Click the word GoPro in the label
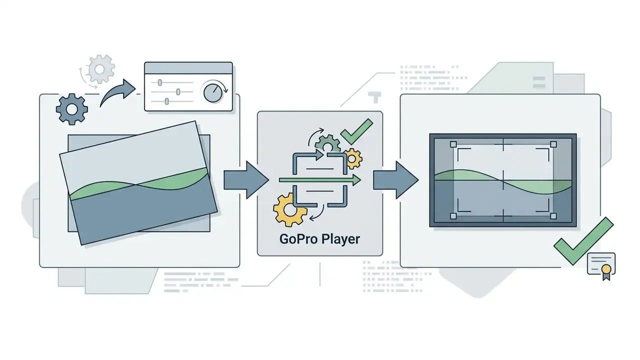[x=298, y=239]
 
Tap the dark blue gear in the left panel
[x=71, y=109]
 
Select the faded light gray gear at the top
[x=99, y=69]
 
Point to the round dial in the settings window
[x=213, y=93]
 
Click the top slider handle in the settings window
[x=160, y=82]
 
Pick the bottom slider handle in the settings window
[x=167, y=101]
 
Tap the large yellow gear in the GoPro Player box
[x=289, y=210]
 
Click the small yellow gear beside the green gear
[x=352, y=158]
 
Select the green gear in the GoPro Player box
[x=327, y=144]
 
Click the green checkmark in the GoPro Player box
[x=356, y=131]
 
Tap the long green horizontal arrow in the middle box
[x=320, y=180]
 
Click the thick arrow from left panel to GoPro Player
[x=246, y=180]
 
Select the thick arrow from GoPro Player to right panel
[x=396, y=180]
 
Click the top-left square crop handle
[x=453, y=144]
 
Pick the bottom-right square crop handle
[x=553, y=216]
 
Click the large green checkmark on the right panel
[x=583, y=241]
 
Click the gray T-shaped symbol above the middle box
[x=374, y=97]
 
